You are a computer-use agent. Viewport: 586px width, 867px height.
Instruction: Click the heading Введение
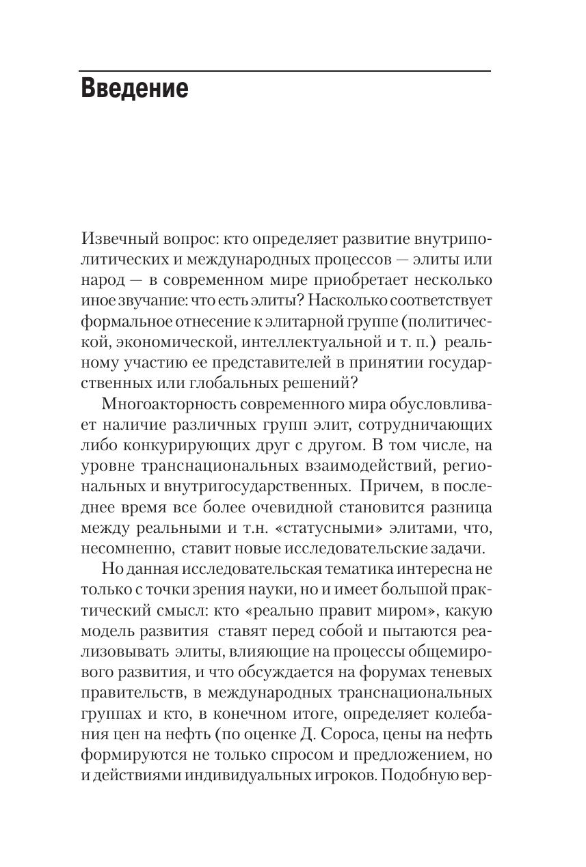(x=134, y=89)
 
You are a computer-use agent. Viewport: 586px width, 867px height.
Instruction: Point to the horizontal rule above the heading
(x=284, y=71)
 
